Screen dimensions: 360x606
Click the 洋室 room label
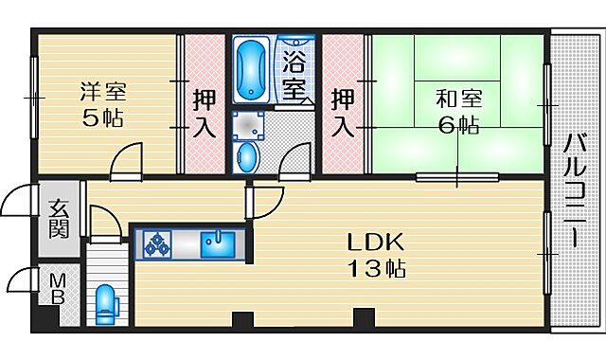click(102, 93)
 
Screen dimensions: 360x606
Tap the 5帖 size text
click(102, 119)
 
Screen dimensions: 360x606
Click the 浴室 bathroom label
click(294, 78)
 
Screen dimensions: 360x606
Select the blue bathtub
click(251, 69)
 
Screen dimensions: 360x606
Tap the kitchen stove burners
click(156, 244)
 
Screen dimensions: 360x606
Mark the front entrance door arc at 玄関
click(17, 203)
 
